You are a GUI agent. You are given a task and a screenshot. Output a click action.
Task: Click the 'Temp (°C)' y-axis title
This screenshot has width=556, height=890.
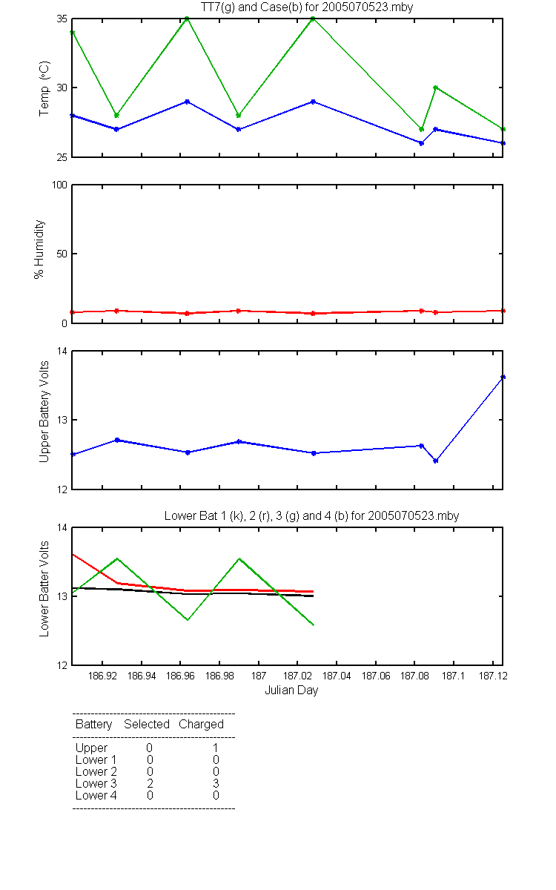tap(44, 88)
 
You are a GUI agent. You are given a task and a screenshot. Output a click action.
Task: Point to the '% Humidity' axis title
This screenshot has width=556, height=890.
tap(39, 249)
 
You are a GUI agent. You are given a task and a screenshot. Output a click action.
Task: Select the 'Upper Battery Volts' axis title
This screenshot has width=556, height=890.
tap(44, 412)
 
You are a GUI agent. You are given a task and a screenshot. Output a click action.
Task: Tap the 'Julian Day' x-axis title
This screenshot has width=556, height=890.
tap(291, 690)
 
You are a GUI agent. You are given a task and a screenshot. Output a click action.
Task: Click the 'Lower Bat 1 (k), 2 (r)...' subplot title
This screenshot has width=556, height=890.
tap(312, 515)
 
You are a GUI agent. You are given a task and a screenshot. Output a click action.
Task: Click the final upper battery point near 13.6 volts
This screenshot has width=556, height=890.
tap(503, 377)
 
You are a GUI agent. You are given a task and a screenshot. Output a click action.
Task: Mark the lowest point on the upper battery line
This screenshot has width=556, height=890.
tap(436, 461)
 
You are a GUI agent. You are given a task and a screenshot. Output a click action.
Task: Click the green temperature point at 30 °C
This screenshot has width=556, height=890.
tap(436, 88)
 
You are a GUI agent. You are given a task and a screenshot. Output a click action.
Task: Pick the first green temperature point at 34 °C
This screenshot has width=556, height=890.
tap(73, 33)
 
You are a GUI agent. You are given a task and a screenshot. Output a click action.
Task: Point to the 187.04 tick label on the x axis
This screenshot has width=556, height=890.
tap(337, 676)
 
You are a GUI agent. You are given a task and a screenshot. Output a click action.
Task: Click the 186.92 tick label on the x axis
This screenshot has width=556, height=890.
tap(102, 676)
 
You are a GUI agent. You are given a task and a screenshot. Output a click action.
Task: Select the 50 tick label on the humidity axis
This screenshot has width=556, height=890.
tap(62, 254)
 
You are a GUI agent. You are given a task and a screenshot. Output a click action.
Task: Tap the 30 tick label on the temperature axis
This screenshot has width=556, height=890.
tap(62, 88)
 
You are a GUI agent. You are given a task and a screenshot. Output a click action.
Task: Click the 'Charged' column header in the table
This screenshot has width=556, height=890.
tap(202, 725)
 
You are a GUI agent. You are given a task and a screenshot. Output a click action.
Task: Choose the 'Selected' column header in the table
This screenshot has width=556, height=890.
tap(147, 725)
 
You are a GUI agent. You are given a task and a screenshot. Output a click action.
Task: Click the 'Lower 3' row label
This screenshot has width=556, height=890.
tap(96, 783)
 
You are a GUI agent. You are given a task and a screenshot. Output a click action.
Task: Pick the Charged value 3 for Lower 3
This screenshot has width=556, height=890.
tap(216, 783)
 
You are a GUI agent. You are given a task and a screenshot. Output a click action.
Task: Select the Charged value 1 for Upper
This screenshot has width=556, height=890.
tap(216, 748)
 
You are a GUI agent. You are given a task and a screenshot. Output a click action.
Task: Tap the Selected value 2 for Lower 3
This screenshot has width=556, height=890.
tap(150, 783)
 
